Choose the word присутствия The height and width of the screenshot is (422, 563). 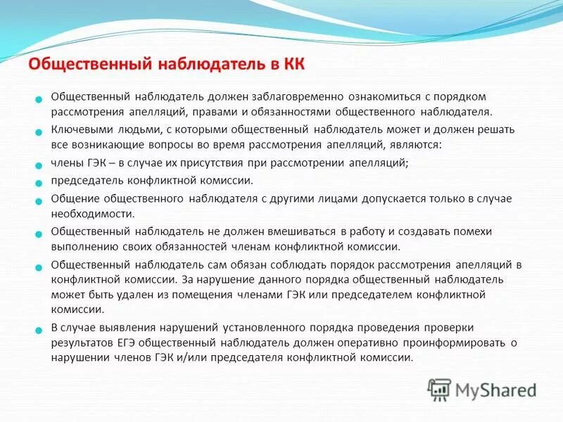212,163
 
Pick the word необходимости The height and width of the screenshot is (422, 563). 92,214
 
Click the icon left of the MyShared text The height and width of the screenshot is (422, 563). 439,390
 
